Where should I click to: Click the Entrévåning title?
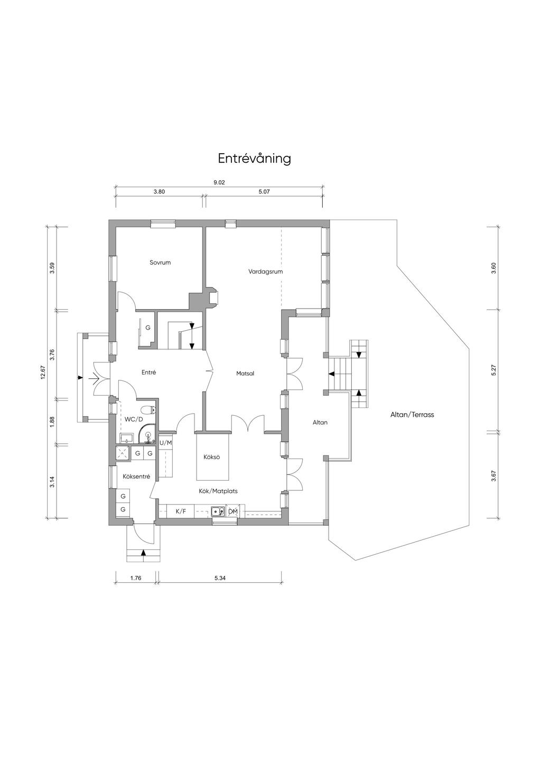pyautogui.click(x=255, y=159)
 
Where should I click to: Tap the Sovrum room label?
pyautogui.click(x=160, y=263)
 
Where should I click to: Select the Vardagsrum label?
pyautogui.click(x=266, y=272)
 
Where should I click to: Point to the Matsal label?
pyautogui.click(x=245, y=374)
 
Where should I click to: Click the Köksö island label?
pyautogui.click(x=211, y=457)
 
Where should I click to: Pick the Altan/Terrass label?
pyautogui.click(x=412, y=415)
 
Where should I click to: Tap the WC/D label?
pyautogui.click(x=131, y=419)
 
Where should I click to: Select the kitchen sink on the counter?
pyautogui.click(x=218, y=511)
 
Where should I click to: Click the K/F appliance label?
pyautogui.click(x=181, y=511)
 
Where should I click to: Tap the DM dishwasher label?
pyautogui.click(x=232, y=511)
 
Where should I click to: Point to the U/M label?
pyautogui.click(x=166, y=443)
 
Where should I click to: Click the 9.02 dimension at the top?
pyautogui.click(x=219, y=183)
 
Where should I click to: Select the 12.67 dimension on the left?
pyautogui.click(x=42, y=374)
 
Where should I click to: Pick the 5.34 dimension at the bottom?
pyautogui.click(x=220, y=578)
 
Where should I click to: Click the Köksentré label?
pyautogui.click(x=136, y=477)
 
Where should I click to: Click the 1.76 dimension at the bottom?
pyautogui.click(x=136, y=578)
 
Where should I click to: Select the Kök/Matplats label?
pyautogui.click(x=218, y=491)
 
